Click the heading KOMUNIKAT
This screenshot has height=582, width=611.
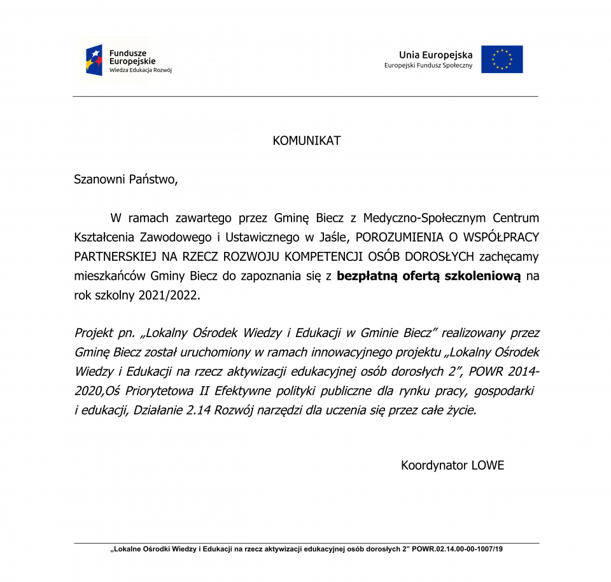point(306,141)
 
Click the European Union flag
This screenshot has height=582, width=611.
point(502,59)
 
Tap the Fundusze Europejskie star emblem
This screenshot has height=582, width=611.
point(94,60)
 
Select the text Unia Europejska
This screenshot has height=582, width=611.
point(435,55)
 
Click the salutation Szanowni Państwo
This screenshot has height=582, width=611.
point(126,179)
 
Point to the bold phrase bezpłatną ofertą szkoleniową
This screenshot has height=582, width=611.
point(429,277)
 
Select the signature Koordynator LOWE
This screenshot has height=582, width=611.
point(452,466)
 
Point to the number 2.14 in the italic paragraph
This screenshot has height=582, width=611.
point(199,410)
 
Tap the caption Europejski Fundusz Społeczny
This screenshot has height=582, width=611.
point(428,66)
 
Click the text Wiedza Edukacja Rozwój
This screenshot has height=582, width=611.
point(140,71)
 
